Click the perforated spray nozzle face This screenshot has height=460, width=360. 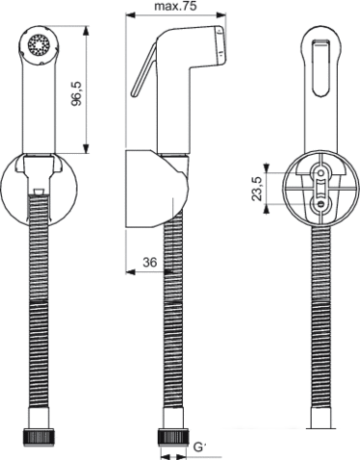pos(40,44)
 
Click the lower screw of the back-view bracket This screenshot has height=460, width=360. pos(320,204)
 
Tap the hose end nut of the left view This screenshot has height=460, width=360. pos(39,438)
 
